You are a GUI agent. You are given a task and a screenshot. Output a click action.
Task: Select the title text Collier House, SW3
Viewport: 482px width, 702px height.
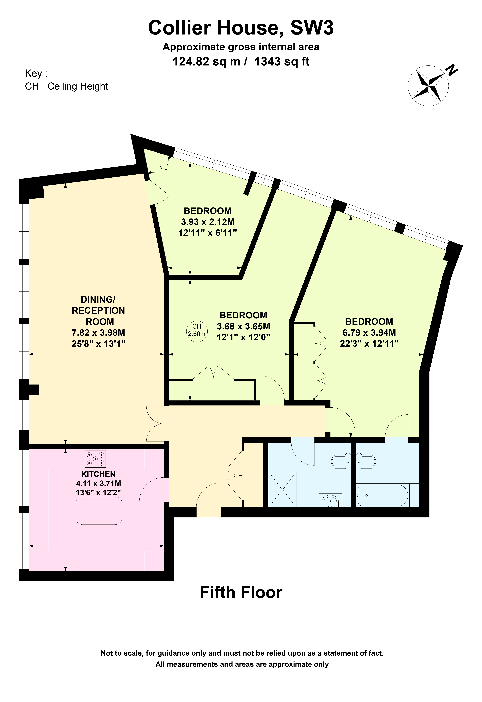pyautogui.click(x=241, y=28)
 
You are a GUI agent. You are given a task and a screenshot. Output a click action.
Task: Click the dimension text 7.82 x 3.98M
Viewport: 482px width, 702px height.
pyautogui.click(x=98, y=333)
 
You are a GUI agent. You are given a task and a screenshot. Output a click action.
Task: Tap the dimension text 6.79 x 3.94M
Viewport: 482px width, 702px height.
pyautogui.click(x=369, y=333)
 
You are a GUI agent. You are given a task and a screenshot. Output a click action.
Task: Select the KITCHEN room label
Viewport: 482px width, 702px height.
pyautogui.click(x=98, y=474)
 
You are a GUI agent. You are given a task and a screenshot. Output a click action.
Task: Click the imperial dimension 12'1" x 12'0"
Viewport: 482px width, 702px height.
pyautogui.click(x=243, y=337)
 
